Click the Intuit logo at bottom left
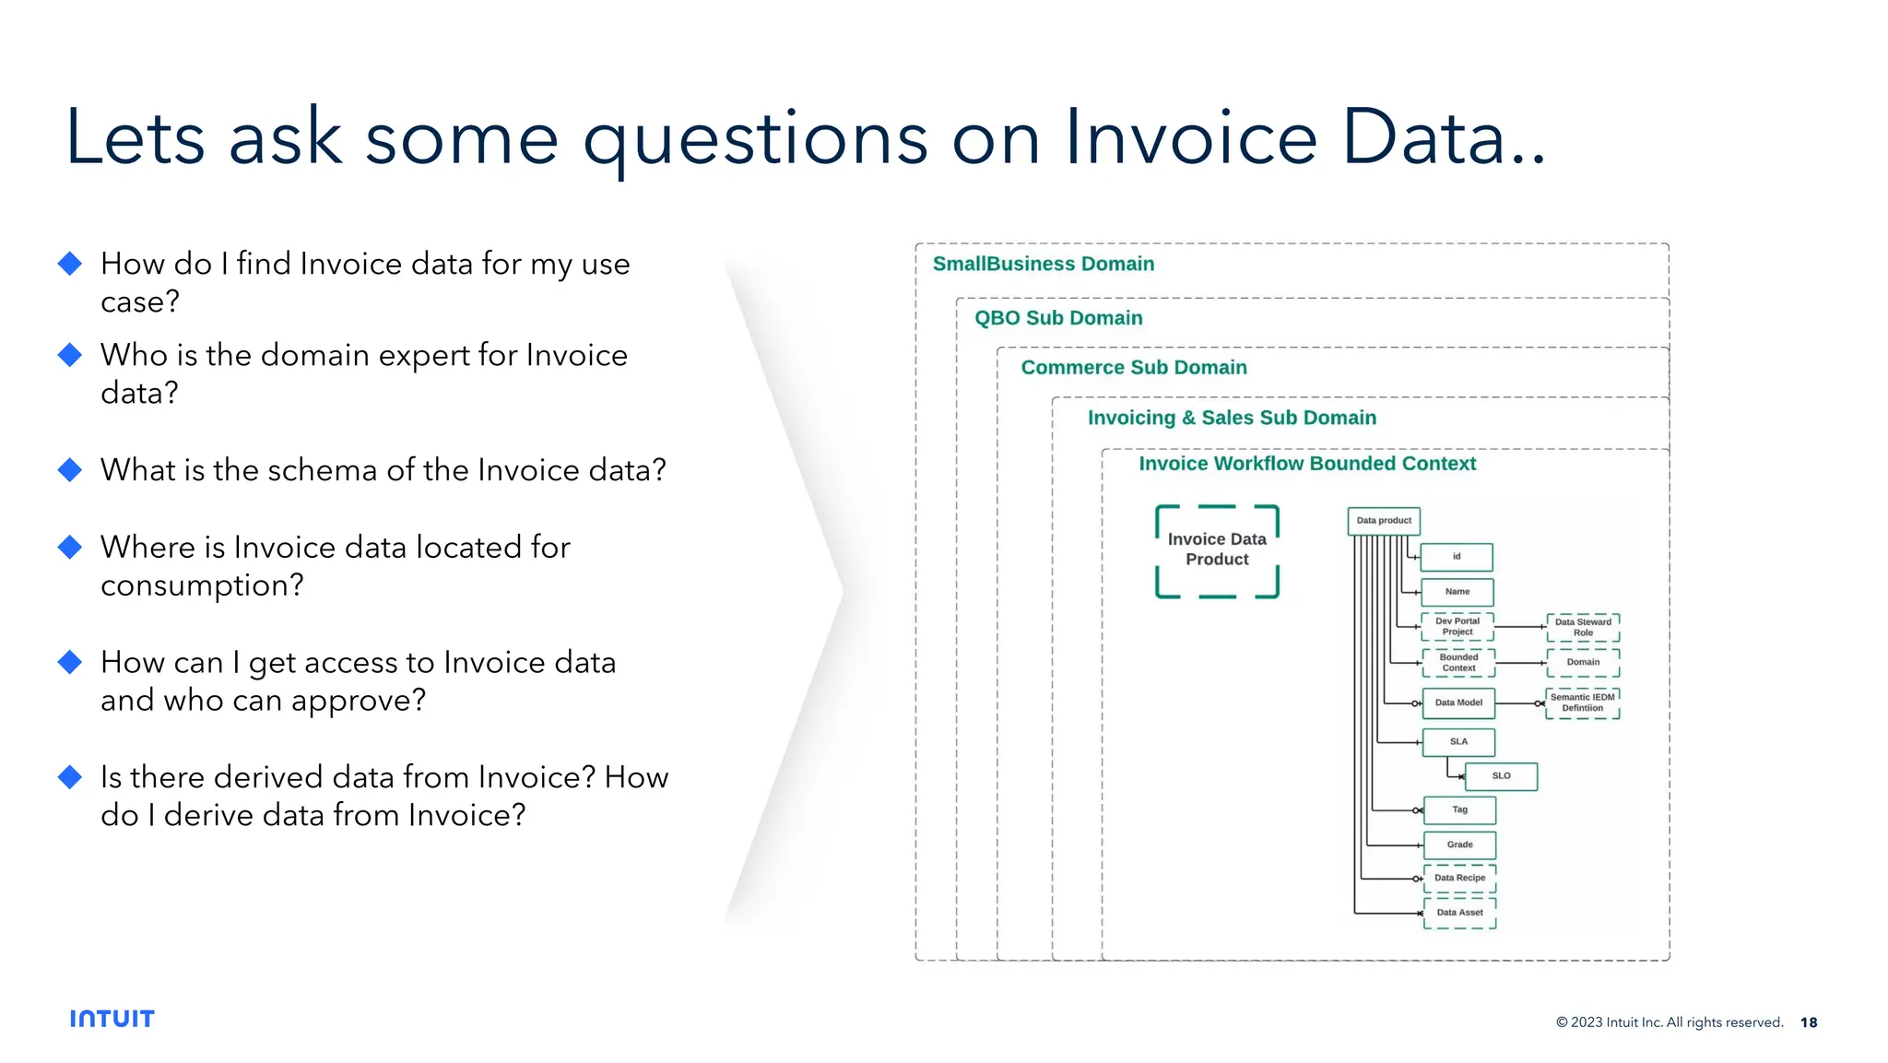[x=112, y=1019]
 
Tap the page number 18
[x=1808, y=1022]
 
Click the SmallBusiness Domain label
[x=1043, y=264]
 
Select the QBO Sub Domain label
[x=1057, y=318]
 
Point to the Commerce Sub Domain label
[x=1133, y=368]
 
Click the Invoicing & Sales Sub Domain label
[x=1231, y=418]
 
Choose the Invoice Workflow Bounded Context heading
[x=1306, y=464]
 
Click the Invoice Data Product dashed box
[x=1217, y=550]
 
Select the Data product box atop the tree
[x=1383, y=521]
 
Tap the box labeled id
[x=1457, y=557]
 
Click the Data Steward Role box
[x=1582, y=628]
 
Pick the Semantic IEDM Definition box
[x=1582, y=703]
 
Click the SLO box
[x=1501, y=776]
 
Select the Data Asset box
[x=1459, y=913]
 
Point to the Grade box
[x=1459, y=844]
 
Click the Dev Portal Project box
[x=1457, y=627]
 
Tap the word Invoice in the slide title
[x=1190, y=138]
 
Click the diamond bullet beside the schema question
[x=70, y=470]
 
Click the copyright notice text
[x=1669, y=1022]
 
